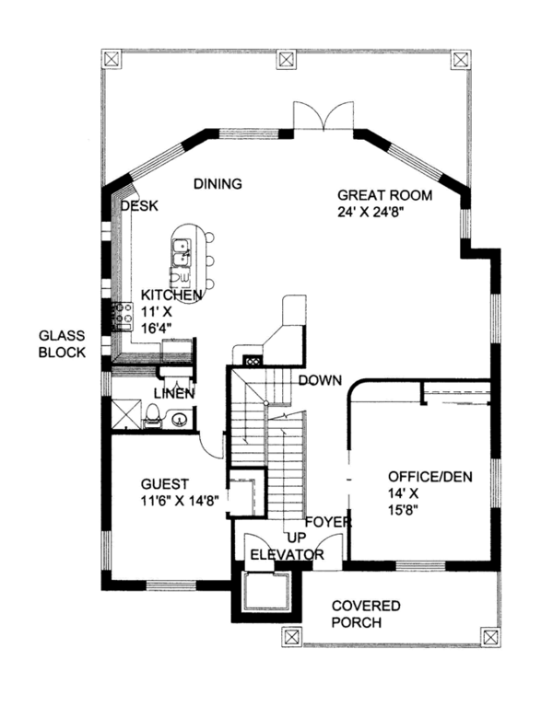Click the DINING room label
point(218,183)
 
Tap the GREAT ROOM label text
point(384,195)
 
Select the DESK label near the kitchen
point(139,206)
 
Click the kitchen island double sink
point(182,252)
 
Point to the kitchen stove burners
point(123,316)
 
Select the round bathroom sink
point(178,418)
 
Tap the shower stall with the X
point(126,413)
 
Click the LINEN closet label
point(174,393)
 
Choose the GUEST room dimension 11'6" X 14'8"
point(180,501)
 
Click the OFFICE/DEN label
point(430,477)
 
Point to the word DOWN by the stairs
point(320,380)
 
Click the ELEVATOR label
point(287,554)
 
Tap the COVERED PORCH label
point(366,614)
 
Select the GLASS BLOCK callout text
point(62,344)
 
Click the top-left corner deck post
point(111,59)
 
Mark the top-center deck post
point(286,59)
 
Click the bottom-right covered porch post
point(489,636)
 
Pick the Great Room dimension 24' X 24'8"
point(371,212)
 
